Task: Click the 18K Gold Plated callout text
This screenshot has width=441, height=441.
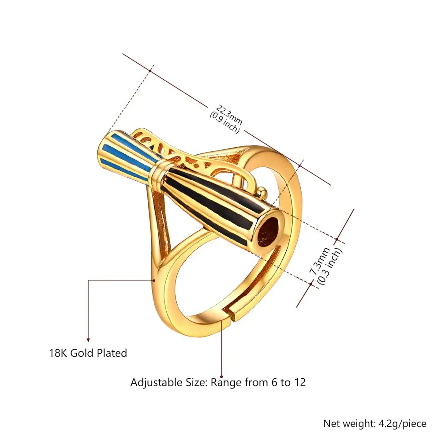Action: [88, 353]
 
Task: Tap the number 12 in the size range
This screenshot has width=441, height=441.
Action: [299, 382]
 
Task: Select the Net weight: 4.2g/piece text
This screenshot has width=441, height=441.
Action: [375, 424]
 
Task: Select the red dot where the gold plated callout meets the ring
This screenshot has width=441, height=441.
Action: [154, 280]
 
